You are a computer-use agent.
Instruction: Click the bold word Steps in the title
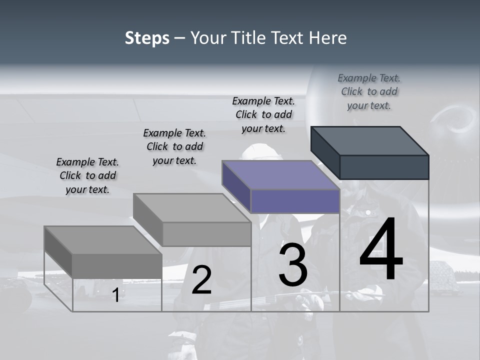pos(147,38)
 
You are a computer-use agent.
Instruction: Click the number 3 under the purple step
pos(293,265)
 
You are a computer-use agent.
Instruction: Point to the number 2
pos(201,280)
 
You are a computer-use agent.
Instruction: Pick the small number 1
pos(115,295)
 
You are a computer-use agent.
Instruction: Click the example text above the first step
pos(87,176)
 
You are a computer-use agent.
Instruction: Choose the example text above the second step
pos(174,146)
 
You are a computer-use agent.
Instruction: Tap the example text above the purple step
pos(263,114)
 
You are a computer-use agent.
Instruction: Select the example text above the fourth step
pos(369,91)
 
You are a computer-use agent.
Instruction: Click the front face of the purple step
pos(295,201)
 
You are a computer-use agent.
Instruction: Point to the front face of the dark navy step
pos(384,167)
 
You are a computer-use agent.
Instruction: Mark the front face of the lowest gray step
pos(117,265)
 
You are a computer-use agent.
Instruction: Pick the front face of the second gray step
pos(206,234)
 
